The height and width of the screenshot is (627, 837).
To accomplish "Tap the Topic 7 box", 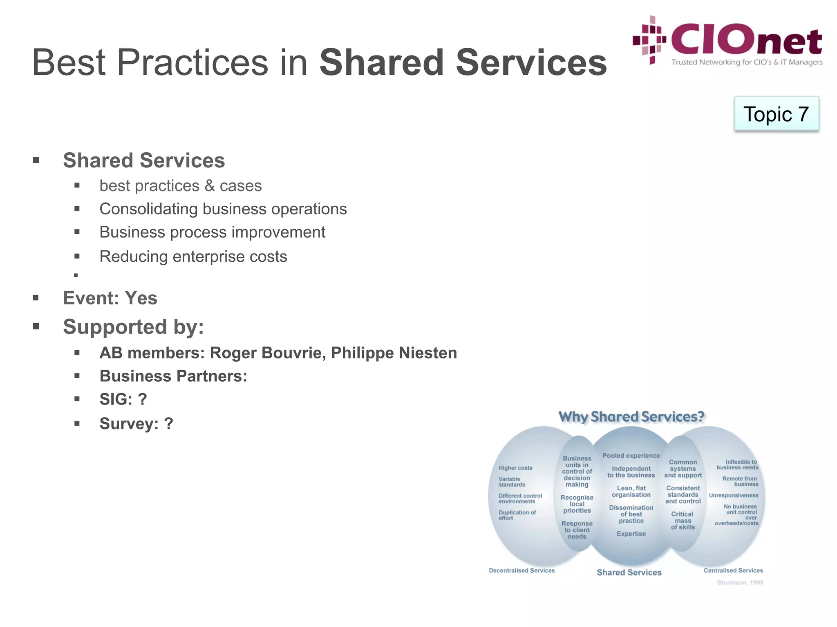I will (x=776, y=114).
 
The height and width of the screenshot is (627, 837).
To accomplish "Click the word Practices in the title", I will (x=192, y=62).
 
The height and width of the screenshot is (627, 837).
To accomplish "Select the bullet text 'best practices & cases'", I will (x=180, y=186).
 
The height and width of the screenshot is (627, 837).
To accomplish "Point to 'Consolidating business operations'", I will (x=223, y=209).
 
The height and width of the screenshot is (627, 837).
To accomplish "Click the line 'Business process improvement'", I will (x=212, y=232).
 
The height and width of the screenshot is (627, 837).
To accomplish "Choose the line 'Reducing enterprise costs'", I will (x=193, y=257).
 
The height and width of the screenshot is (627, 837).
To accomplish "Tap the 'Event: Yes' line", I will (x=110, y=298).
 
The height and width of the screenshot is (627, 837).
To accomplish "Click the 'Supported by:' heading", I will (x=133, y=327).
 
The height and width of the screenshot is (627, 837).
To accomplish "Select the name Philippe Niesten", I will (x=394, y=353).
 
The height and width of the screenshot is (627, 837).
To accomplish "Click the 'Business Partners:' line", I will (x=173, y=376).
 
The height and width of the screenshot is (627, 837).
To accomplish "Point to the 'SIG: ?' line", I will (x=123, y=399).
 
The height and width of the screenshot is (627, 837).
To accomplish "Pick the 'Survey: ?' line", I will (x=136, y=424).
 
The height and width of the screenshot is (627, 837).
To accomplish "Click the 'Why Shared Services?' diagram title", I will (x=631, y=417).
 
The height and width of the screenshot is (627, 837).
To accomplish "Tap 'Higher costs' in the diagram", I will (x=515, y=468).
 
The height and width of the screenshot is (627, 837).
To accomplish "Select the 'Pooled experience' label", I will (x=631, y=456).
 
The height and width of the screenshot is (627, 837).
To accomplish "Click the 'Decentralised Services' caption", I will (x=521, y=571).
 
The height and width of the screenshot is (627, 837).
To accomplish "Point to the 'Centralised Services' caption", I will (x=733, y=571).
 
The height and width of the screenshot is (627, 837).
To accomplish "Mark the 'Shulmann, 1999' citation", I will (x=740, y=583).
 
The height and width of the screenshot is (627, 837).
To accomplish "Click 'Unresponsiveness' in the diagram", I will (x=734, y=496).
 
